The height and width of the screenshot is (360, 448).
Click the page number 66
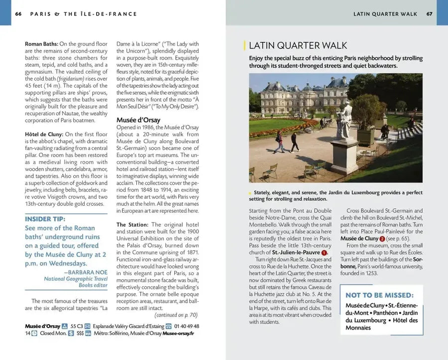tap(18, 14)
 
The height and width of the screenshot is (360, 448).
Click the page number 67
tap(429, 14)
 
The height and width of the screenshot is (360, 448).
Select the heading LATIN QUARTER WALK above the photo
tap(298, 45)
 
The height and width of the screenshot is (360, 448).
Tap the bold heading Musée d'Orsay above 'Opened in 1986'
tap(137, 120)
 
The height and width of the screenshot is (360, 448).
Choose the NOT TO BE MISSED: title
tap(379, 295)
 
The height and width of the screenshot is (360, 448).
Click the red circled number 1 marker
tap(324, 252)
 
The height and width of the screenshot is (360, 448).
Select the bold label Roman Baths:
tap(42, 44)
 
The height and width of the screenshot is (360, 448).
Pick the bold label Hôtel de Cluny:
tap(44, 134)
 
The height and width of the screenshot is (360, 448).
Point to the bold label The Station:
tap(132, 225)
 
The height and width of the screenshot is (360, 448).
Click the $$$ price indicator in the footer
tap(80, 333)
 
